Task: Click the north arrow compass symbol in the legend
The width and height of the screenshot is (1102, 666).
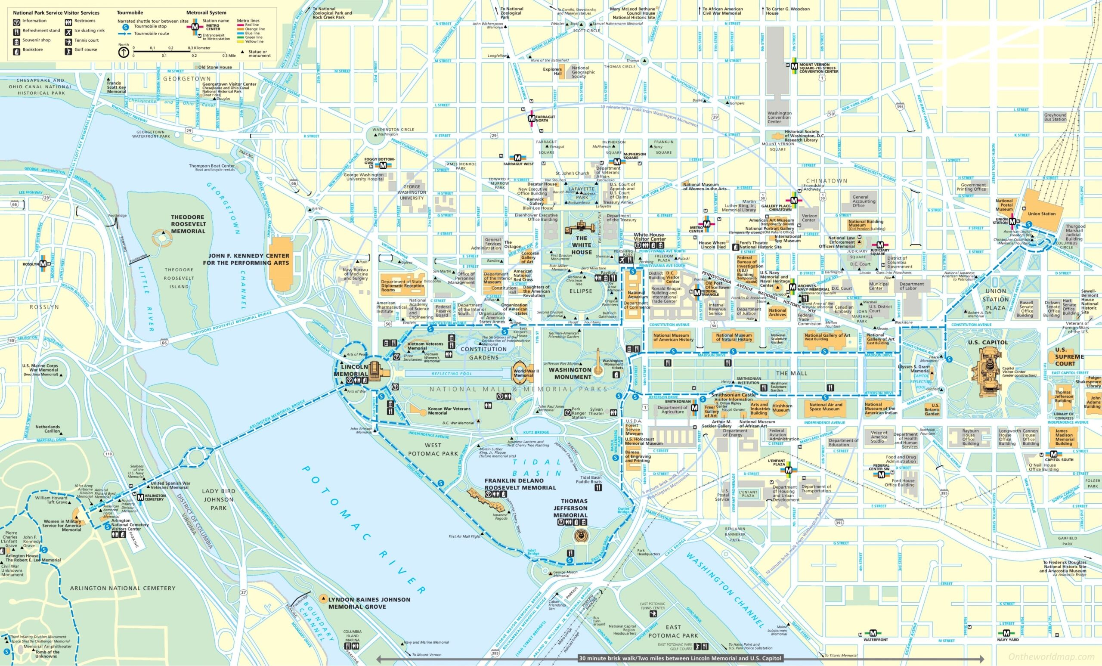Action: (124, 53)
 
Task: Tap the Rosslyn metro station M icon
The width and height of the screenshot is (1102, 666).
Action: (43, 264)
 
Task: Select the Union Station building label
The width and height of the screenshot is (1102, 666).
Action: (1042, 214)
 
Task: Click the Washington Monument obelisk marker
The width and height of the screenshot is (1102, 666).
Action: (597, 360)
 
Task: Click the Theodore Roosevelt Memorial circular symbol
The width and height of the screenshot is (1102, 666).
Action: (161, 238)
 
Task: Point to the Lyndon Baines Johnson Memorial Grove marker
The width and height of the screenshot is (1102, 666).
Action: (323, 598)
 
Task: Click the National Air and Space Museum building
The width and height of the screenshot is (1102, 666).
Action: (826, 406)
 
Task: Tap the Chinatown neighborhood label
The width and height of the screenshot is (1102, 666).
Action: (826, 180)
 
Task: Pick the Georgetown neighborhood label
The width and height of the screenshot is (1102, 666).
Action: (186, 78)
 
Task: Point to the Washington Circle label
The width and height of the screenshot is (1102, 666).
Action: (387, 130)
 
